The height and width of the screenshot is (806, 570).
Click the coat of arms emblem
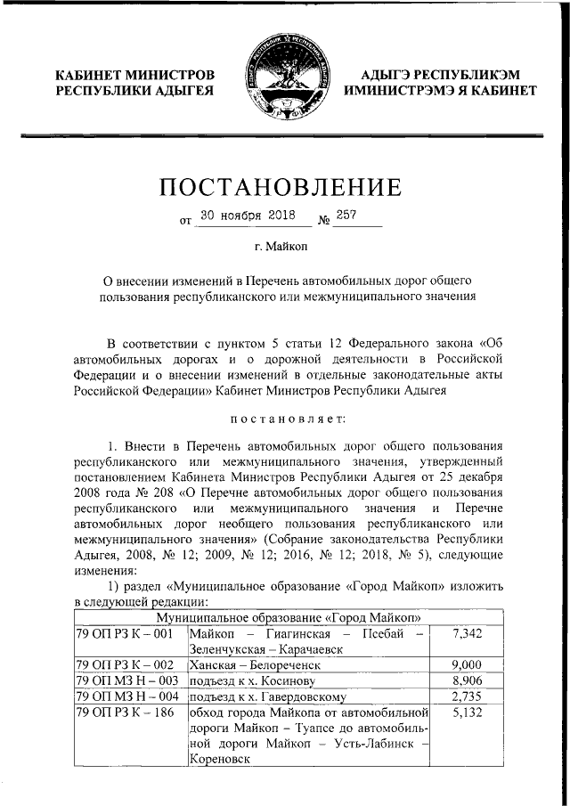point(284,78)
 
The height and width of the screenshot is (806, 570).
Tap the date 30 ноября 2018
point(247,216)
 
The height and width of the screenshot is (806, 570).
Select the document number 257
point(347,216)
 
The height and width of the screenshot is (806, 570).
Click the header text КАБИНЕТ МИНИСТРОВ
point(134,75)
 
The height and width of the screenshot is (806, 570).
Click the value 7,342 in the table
point(467,633)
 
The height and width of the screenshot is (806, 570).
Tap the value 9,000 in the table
point(467,664)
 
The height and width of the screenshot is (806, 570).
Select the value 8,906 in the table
point(467,680)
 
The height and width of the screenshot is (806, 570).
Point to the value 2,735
point(467,696)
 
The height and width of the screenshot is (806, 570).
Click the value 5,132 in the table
point(467,712)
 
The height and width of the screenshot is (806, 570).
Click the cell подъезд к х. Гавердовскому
point(266,696)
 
